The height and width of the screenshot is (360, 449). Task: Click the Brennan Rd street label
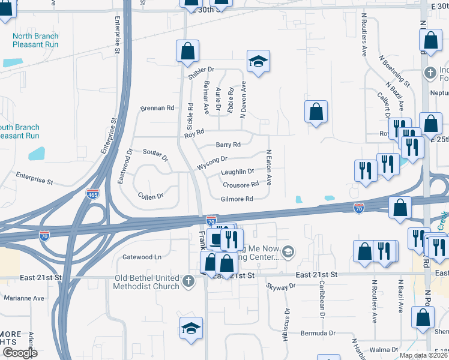click(157, 108)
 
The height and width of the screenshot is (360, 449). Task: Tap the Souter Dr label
click(155, 154)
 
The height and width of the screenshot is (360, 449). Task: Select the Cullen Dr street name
click(150, 196)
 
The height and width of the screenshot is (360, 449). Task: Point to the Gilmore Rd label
click(237, 199)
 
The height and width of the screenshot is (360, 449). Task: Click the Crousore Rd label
click(240, 185)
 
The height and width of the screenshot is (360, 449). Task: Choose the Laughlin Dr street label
click(237, 172)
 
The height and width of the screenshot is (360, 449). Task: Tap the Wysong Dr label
click(212, 160)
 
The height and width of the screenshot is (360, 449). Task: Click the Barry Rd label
click(228, 145)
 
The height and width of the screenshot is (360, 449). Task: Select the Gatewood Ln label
click(142, 257)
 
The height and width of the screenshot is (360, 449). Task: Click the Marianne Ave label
click(24, 298)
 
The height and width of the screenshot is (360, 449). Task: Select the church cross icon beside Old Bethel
click(188, 281)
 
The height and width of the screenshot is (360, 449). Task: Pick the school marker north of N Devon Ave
click(258, 61)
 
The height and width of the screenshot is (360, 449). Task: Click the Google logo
click(19, 353)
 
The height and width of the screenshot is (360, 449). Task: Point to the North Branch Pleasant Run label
click(36, 40)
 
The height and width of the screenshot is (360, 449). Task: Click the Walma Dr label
click(384, 349)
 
